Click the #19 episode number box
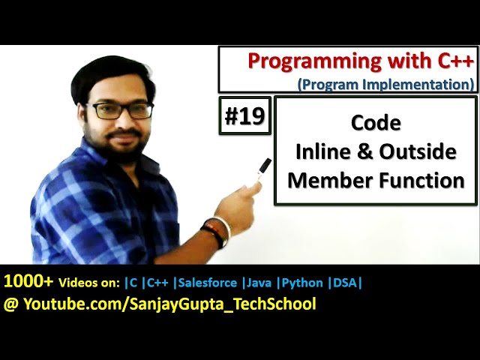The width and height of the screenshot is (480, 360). point(244,115)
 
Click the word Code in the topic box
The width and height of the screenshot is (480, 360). point(376,123)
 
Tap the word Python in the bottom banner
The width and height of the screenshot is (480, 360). point(304,283)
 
